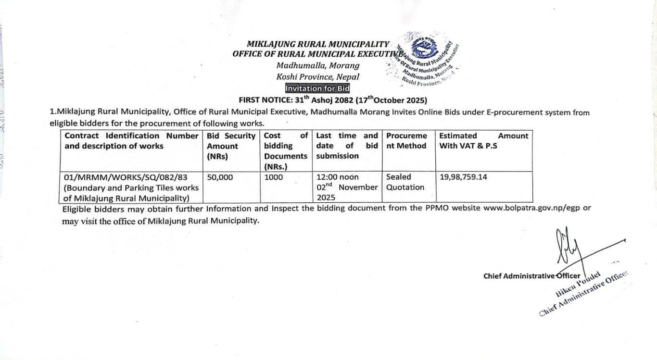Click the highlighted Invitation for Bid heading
tap(317, 88)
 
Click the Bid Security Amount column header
tap(231, 146)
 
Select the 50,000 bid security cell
tap(220, 177)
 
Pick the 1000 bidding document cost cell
tap(274, 177)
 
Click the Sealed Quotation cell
tap(405, 182)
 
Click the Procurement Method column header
tap(406, 141)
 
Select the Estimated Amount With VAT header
tap(483, 141)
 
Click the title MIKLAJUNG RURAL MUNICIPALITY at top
tap(318, 45)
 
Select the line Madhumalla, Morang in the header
tap(317, 66)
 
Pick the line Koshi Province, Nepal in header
tap(317, 77)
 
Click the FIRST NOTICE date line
tap(333, 100)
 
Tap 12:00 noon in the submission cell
tap(337, 177)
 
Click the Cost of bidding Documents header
tap(286, 151)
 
